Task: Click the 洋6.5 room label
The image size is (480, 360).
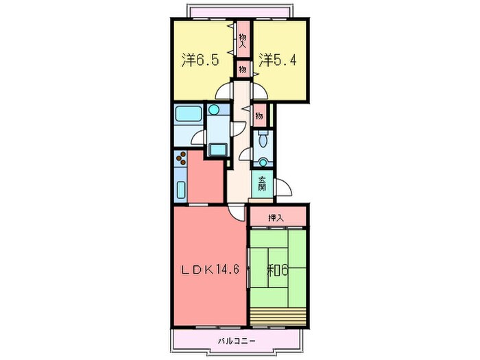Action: point(200,60)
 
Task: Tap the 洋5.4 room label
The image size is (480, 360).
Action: point(278,60)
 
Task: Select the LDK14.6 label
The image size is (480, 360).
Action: point(210,269)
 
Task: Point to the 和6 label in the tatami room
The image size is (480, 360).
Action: point(278,269)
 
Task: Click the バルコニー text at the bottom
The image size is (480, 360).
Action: point(237,341)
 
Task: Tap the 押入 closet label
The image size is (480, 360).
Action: point(276,218)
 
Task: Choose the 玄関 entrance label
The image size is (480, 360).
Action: point(263,184)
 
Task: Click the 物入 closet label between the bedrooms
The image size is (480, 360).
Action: point(243,37)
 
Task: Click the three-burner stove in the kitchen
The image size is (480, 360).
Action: point(182,160)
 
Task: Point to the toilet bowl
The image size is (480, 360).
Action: point(263,143)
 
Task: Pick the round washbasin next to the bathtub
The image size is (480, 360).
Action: point(215,109)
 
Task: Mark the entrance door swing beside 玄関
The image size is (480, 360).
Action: point(283,187)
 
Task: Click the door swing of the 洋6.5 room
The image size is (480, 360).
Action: point(225,94)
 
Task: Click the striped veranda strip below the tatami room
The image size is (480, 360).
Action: point(278,317)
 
